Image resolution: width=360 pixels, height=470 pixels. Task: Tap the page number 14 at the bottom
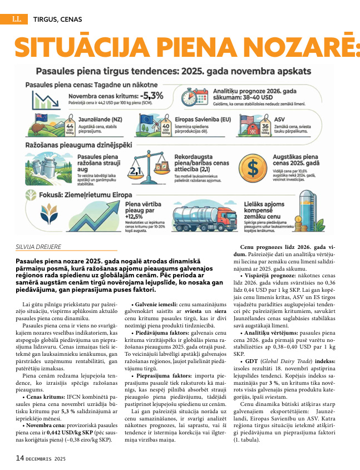tap(20, 458)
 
